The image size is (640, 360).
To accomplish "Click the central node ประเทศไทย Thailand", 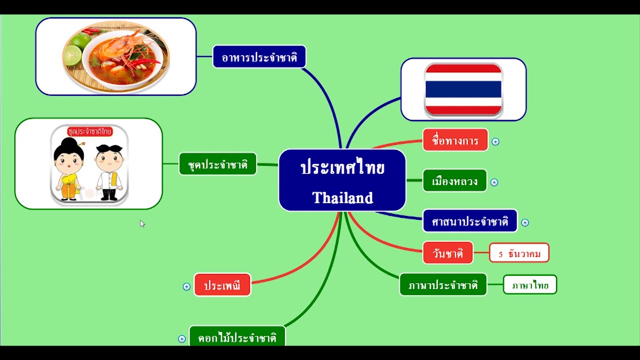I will pos(342,180).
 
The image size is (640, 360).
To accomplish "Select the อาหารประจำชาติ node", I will pos(259,57).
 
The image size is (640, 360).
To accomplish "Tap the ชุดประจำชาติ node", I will pos(217,164).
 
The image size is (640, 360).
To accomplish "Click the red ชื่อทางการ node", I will pos(455,140).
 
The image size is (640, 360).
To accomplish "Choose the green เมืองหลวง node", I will pos(454,181).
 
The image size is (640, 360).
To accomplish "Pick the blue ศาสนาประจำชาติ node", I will pos(469,221).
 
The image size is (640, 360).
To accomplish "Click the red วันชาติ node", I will pos(447,253).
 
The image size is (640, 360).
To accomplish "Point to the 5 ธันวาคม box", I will pos(519,253).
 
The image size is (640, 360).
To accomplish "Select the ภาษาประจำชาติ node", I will pos(442,285).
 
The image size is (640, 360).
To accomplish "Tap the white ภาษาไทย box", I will pos(529,285).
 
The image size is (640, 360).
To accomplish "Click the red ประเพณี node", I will pos(222,285).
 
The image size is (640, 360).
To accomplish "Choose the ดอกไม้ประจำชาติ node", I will pos(237,337).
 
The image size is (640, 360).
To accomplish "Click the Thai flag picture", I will pos(463,89).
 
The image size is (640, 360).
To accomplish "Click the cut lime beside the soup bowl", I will pos(72,54).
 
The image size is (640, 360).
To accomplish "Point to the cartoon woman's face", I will pos(68,159).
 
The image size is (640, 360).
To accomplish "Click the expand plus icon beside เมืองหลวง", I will pos(494,182).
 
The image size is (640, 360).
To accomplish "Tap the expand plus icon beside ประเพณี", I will pos(186,286).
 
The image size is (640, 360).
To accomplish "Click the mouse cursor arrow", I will pos(141,222).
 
